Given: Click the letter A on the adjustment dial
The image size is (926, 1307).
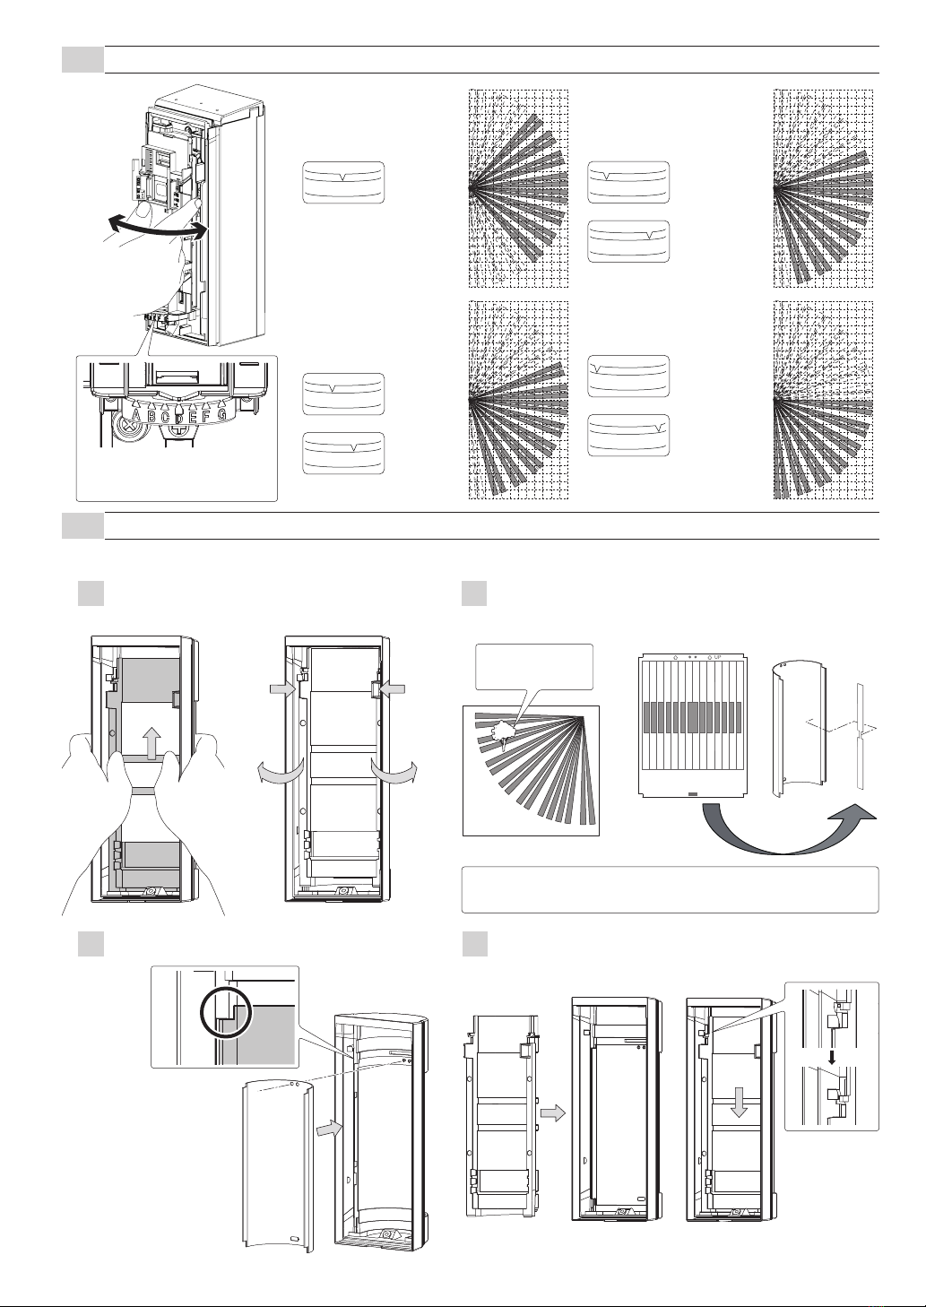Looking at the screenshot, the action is tap(136, 414).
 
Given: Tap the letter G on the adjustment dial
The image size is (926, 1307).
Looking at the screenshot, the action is tap(221, 414).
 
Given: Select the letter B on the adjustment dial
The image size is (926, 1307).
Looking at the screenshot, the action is tap(151, 417).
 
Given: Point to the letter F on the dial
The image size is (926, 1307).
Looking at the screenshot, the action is tap(206, 417).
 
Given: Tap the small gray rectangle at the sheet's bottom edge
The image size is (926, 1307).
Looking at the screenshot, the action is tap(693, 793).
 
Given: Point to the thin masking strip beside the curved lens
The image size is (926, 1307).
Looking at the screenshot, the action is tap(859, 737).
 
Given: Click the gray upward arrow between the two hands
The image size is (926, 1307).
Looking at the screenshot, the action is tap(151, 743).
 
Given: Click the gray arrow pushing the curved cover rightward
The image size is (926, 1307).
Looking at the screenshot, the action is tap(328, 1129).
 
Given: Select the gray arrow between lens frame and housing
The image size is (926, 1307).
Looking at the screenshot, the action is tap(552, 1113).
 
